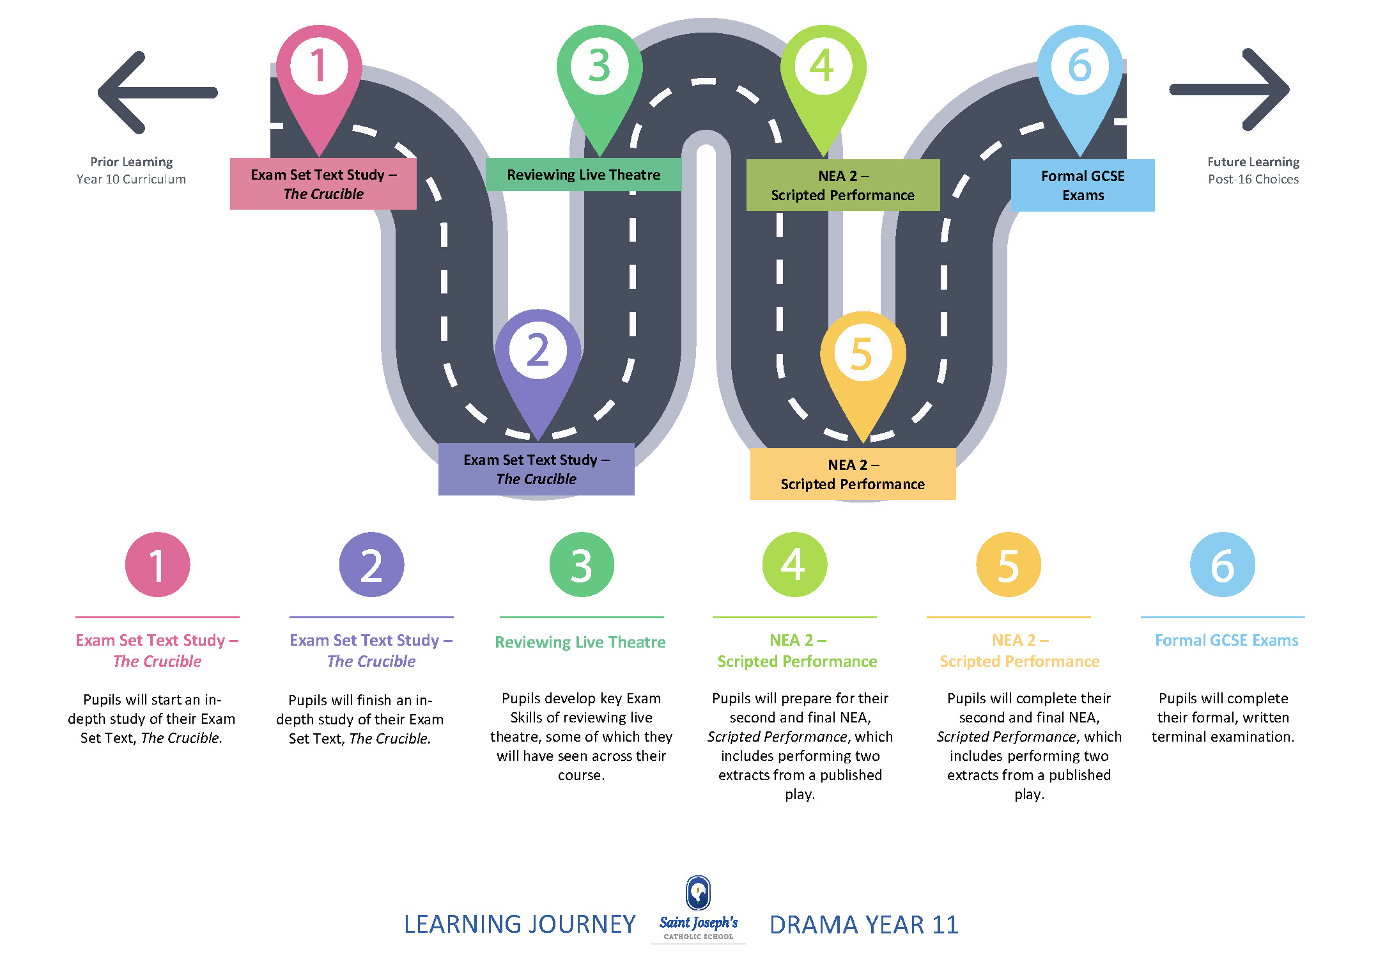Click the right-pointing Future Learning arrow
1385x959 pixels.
click(1230, 90)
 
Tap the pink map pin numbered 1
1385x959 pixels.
click(319, 70)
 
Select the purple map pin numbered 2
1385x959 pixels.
click(538, 355)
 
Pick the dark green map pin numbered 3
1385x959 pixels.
click(599, 70)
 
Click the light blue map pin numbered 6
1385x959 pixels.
click(1079, 70)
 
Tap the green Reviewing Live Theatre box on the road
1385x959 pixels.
click(583, 175)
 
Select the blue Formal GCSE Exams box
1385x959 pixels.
click(1083, 185)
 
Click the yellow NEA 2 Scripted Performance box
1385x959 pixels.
click(853, 474)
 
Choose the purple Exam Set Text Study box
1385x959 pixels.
click(536, 469)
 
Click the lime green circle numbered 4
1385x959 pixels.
click(794, 565)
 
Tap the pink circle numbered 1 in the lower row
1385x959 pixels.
click(157, 565)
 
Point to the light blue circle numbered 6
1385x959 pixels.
click(1222, 565)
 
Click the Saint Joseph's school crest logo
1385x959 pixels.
click(698, 893)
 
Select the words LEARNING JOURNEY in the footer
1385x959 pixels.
click(520, 924)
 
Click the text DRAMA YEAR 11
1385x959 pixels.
click(863, 924)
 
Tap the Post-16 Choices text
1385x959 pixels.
click(1253, 180)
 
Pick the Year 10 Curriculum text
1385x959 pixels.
click(131, 180)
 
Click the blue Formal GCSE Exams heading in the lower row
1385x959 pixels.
click(1226, 641)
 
